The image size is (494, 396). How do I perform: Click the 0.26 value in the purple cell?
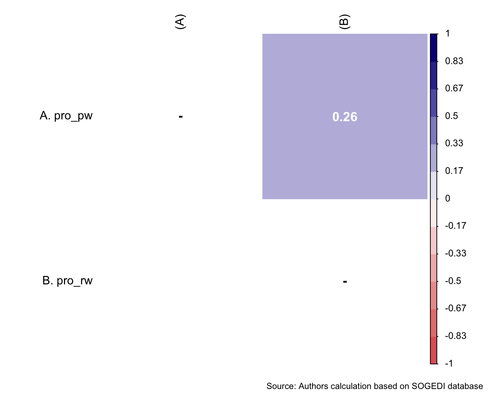(x=344, y=117)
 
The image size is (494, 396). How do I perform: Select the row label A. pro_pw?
(x=66, y=116)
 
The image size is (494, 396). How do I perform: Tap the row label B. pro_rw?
(x=67, y=281)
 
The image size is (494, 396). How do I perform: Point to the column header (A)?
(x=180, y=22)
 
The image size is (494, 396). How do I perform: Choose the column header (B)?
(x=344, y=22)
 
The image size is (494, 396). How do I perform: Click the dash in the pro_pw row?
(x=180, y=117)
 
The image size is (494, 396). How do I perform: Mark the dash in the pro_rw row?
(x=345, y=282)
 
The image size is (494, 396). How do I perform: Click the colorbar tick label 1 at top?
(x=447, y=34)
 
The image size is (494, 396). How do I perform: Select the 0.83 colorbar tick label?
(x=454, y=61)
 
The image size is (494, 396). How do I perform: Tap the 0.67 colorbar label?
(x=454, y=88)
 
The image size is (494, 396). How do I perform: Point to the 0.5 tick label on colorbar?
(x=451, y=116)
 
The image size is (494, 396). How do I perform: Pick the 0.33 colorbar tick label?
(x=454, y=143)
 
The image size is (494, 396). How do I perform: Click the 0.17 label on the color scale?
(x=454, y=171)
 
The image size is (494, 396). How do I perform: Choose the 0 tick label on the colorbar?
(x=447, y=199)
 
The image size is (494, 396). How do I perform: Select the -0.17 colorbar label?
(x=455, y=226)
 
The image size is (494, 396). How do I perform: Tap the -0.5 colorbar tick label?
(x=453, y=281)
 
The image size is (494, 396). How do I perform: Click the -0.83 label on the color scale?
(x=455, y=336)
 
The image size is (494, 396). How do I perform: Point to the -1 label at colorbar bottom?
(x=449, y=364)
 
